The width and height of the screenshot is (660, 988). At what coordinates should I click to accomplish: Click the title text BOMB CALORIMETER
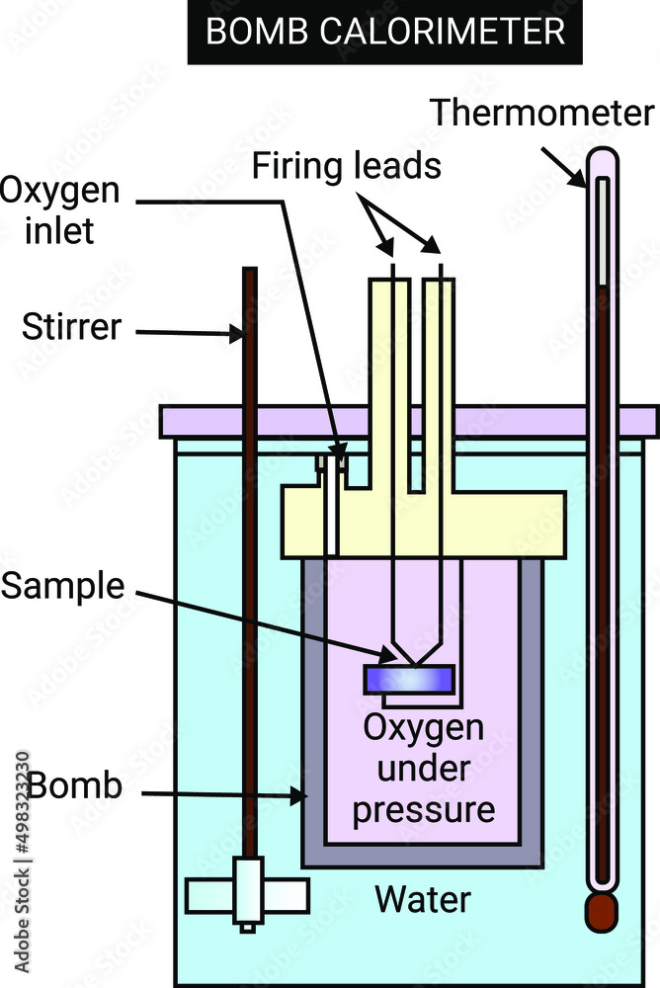[x=385, y=32]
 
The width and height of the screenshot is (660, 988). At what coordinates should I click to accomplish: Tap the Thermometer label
[x=542, y=114]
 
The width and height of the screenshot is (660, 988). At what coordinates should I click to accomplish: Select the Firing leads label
[x=346, y=166]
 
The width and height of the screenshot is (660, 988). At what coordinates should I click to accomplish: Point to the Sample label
[x=63, y=586]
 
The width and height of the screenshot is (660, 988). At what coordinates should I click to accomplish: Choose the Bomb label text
[x=75, y=786]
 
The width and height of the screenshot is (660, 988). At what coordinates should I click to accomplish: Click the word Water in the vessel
[x=423, y=900]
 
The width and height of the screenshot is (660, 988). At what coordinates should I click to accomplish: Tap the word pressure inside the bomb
[x=423, y=810]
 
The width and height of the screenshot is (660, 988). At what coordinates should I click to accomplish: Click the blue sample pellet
[x=409, y=679]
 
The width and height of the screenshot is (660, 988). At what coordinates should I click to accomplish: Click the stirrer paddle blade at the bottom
[x=247, y=894]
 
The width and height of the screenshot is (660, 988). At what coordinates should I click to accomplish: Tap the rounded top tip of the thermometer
[x=601, y=155]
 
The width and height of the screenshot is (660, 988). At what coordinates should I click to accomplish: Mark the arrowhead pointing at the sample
[x=391, y=655]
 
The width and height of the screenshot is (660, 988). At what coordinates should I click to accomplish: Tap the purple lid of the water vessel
[x=409, y=420]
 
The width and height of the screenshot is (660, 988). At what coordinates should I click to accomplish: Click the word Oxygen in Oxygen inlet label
[x=60, y=191]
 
